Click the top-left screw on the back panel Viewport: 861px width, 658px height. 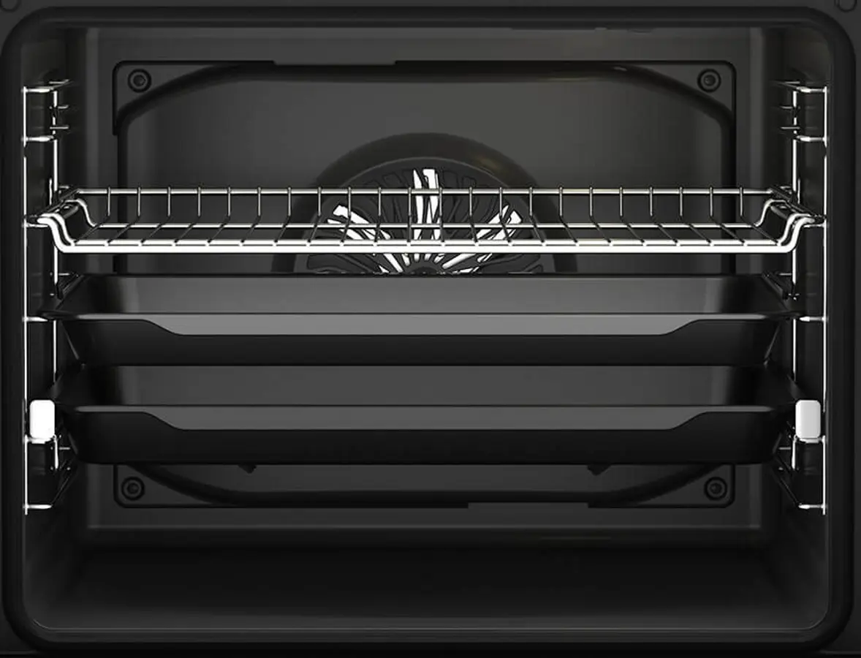[x=139, y=80]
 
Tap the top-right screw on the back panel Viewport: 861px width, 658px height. [x=708, y=80]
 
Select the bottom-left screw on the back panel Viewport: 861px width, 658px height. [x=132, y=488]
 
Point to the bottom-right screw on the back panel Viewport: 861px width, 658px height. [x=715, y=488]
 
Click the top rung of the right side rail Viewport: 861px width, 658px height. [x=807, y=89]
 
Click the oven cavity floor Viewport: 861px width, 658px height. [x=424, y=585]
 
